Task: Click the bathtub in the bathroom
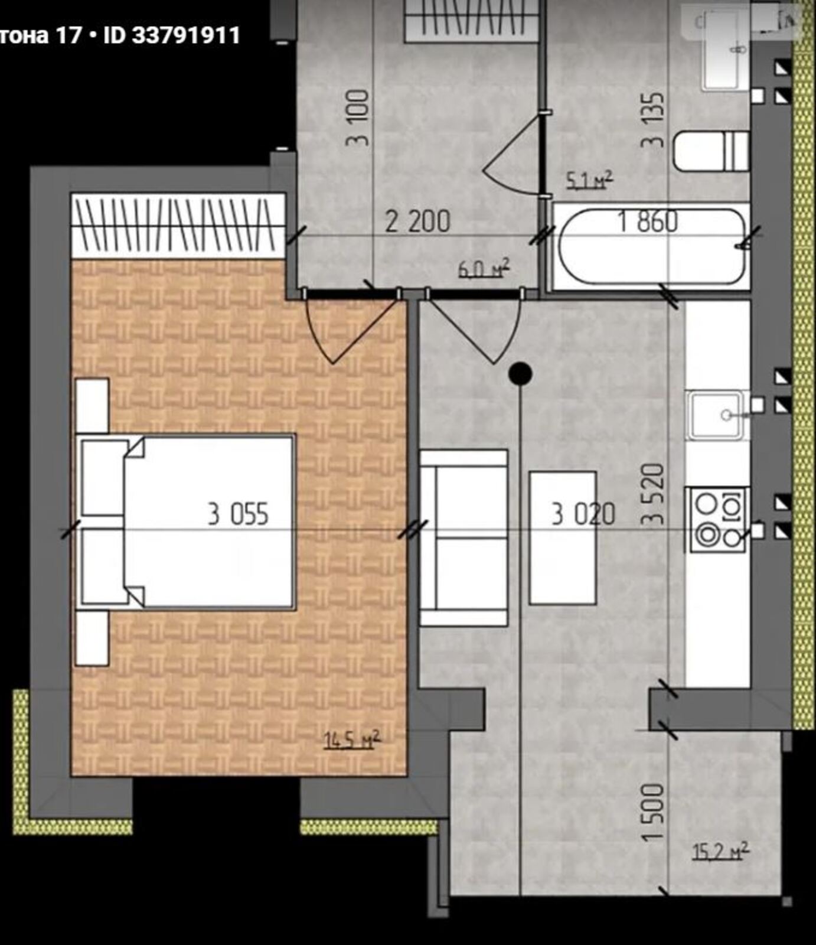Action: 651,247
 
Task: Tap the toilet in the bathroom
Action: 711,152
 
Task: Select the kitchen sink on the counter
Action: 716,415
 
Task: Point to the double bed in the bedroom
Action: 185,522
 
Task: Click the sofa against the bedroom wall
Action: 464,537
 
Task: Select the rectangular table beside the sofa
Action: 562,537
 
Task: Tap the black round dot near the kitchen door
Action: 520,373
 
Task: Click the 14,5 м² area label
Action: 352,739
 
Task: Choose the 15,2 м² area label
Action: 720,851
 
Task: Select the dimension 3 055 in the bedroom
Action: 238,514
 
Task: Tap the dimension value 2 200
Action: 417,221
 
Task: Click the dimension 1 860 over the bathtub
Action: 647,221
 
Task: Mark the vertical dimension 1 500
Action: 654,813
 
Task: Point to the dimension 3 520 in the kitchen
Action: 654,495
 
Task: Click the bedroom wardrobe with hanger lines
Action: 178,225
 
